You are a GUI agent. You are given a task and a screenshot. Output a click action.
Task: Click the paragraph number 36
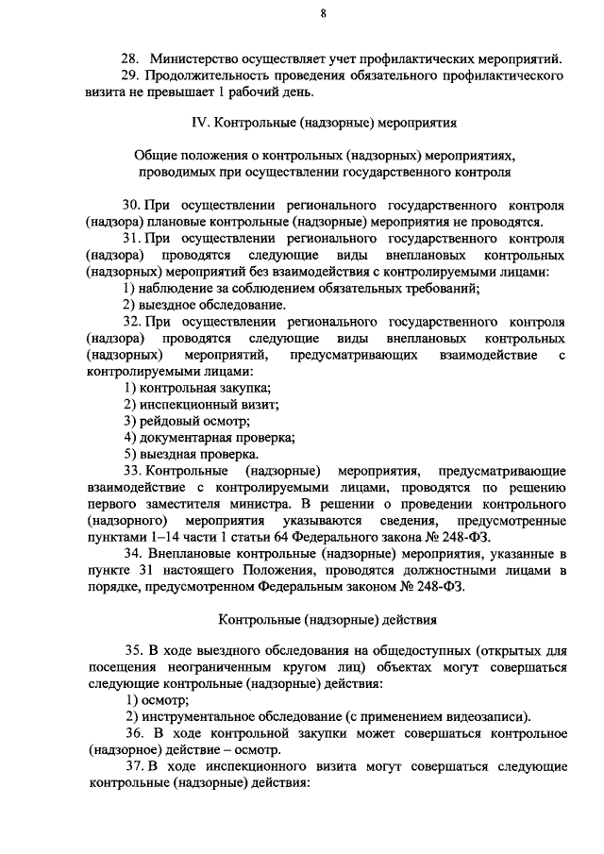tap(133, 733)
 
